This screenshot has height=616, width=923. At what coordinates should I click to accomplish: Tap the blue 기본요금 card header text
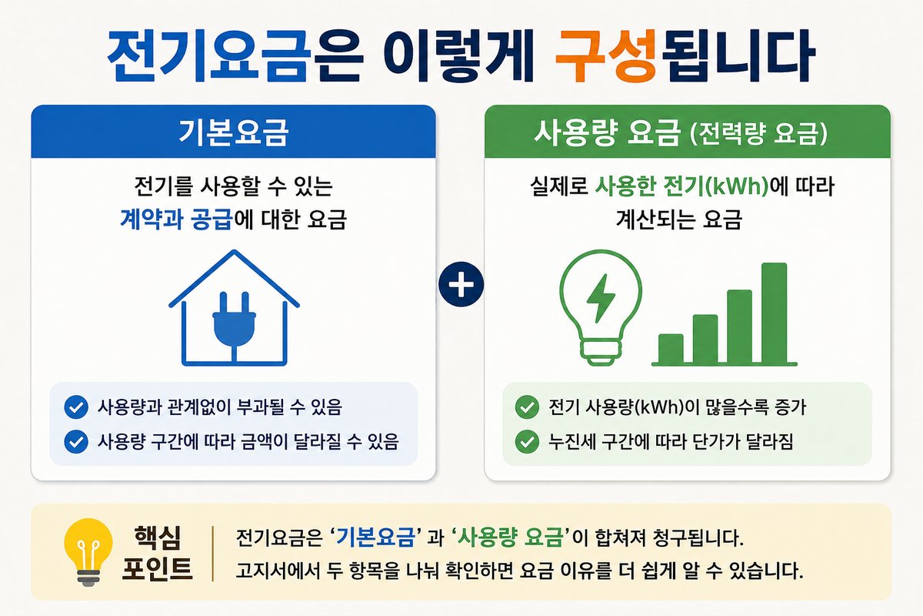coord(233,133)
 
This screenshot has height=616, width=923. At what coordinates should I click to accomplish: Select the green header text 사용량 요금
coord(607,133)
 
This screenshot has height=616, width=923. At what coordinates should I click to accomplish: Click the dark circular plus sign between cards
coord(461,284)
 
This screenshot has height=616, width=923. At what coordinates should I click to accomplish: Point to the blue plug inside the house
coord(234,326)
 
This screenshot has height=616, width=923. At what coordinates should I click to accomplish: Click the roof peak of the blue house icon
coord(234,250)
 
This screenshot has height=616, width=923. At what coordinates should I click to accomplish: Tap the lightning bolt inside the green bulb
coord(601,298)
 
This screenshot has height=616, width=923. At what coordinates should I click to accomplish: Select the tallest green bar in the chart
coord(774,313)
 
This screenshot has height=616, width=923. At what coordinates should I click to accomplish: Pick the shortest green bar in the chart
coord(671,349)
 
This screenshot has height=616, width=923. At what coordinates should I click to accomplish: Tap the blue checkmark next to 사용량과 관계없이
coord(76,407)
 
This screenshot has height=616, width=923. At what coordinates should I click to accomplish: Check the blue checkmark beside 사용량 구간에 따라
coord(76,441)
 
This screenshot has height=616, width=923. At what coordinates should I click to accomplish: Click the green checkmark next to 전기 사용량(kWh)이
coord(527,407)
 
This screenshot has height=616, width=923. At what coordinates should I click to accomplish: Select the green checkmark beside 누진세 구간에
coord(527,441)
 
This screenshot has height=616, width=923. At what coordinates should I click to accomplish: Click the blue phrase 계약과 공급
coord(176,219)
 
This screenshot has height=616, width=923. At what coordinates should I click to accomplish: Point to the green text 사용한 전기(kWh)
coord(682,186)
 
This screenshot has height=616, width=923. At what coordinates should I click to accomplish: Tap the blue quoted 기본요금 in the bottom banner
coord(375,537)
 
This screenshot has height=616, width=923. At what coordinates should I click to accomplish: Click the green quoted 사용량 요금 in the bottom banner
coord(510,537)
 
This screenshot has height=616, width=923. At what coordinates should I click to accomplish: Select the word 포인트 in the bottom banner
coord(158,568)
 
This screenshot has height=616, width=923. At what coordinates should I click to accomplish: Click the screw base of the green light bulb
coord(601,353)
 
